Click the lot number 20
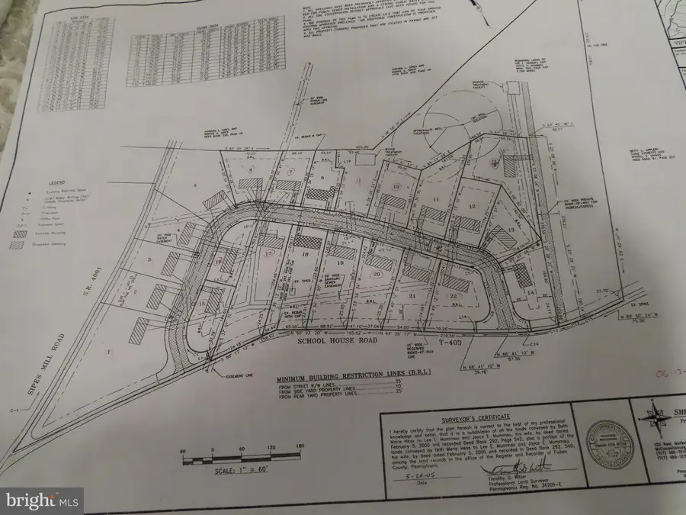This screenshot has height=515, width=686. pyautogui.click(x=376, y=273)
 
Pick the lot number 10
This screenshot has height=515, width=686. pyautogui.click(x=396, y=186)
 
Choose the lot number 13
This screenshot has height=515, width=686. pyautogui.click(x=509, y=230)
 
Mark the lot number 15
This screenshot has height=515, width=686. pyautogui.click(x=203, y=305)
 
